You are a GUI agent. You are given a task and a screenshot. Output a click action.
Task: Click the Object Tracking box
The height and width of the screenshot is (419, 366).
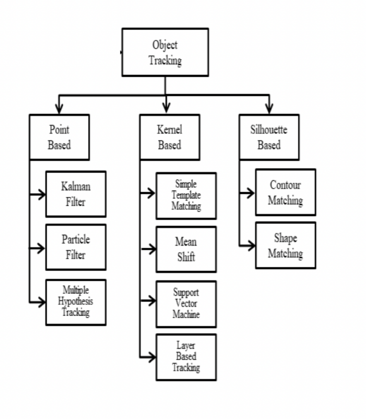coord(165,52)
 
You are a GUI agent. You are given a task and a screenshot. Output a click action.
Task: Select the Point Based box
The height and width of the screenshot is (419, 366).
coord(59,137)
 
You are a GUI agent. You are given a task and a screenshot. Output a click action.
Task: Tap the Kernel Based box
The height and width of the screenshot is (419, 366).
coord(169,137)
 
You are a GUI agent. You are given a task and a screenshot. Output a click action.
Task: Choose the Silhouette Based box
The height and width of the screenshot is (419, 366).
coord(269,137)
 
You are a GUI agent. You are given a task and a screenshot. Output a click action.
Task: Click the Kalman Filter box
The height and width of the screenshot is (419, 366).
coord(76,194)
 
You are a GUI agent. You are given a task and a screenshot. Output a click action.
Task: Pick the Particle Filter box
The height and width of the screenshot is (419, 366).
coord(76,247)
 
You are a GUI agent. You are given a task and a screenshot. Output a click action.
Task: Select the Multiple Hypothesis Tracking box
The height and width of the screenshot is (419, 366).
coord(76,302)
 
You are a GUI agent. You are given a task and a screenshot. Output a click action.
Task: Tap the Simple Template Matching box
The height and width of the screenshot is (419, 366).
coord(186,195)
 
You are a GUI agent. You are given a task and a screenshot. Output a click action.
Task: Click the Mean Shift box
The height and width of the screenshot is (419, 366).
coord(186,249)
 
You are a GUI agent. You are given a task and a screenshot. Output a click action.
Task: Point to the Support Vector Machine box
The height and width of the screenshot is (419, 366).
coord(186,304)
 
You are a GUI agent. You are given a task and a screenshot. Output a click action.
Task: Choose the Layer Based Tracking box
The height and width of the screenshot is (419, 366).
coord(186,357)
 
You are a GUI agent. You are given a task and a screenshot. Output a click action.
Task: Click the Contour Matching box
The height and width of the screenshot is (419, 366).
coord(285,192)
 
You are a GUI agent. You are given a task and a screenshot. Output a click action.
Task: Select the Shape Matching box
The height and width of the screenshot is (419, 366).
coord(285,245)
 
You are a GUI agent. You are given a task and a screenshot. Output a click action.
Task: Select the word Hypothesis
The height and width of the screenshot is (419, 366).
coord(76,301)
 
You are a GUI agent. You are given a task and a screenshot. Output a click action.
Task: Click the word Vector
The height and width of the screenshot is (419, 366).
coord(186,304)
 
